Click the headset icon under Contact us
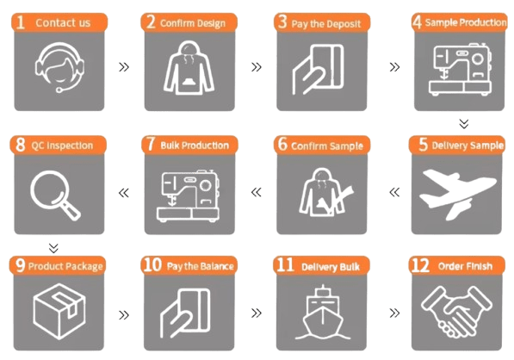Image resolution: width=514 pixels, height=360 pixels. [x=59, y=67]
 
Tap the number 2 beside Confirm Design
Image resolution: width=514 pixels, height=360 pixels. [x=151, y=22]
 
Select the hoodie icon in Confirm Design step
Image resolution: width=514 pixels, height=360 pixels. [x=189, y=68]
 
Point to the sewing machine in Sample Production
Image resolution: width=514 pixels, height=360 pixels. [x=461, y=70]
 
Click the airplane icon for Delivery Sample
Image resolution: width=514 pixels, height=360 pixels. [x=458, y=194]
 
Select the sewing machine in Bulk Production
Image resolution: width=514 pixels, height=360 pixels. [x=189, y=196]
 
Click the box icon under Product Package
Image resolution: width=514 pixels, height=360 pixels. [x=59, y=311]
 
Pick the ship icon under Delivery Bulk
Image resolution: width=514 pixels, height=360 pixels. [x=323, y=312]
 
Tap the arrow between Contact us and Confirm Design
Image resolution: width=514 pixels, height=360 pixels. [x=124, y=67]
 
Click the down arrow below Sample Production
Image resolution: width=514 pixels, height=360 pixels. [x=464, y=124]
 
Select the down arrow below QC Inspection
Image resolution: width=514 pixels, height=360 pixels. [x=53, y=248]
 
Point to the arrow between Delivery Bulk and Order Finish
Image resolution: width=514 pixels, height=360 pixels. [x=394, y=313]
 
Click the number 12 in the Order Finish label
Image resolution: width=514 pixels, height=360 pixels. [x=420, y=265]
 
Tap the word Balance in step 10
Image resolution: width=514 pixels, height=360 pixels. [x=217, y=266]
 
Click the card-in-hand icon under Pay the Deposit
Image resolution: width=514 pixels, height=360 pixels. [x=318, y=70]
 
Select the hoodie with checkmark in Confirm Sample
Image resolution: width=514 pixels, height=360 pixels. [x=326, y=192]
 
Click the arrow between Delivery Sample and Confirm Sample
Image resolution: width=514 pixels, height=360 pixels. [x=394, y=192]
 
